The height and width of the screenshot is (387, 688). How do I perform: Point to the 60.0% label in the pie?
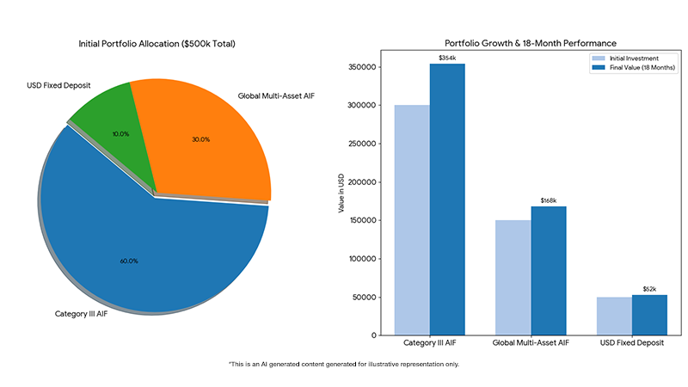[x=129, y=261]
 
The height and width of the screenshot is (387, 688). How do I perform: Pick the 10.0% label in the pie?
[x=120, y=133]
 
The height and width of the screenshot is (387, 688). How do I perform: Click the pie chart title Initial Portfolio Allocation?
[x=157, y=43]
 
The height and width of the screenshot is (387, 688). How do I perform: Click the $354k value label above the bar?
[x=447, y=58]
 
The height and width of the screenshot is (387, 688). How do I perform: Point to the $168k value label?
[x=548, y=200]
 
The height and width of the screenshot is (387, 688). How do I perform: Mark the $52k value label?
[x=649, y=289]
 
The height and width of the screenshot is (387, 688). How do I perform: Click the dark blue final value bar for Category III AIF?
[x=447, y=198]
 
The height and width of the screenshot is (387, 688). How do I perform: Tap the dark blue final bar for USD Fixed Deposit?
[x=649, y=315]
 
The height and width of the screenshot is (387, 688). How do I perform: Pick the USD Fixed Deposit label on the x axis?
[x=632, y=343]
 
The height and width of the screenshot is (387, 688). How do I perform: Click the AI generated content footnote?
[x=344, y=365]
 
